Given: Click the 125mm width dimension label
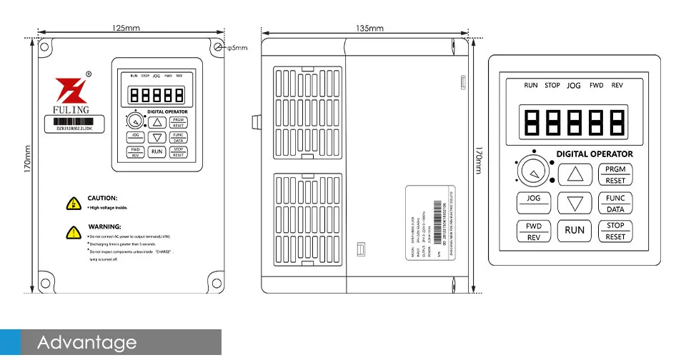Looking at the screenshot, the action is coord(126,28).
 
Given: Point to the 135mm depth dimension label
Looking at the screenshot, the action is coord(369,28).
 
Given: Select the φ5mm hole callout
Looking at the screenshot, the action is coord(237,48).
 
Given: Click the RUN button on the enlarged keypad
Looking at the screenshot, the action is coord(575,230).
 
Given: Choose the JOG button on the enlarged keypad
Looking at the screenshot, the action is coord(533,203).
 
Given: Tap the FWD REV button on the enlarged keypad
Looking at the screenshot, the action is coord(533,231).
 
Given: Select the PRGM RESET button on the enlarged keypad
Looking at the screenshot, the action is coord(615,174).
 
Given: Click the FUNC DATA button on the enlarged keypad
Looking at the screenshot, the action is coord(615,204).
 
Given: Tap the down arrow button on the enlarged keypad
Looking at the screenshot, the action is coord(575,204).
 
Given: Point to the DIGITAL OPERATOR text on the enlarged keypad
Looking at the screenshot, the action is coord(594,154).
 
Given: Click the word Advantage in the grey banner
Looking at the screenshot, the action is coord(86,343).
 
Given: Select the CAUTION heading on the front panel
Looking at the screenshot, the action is coord(102,198).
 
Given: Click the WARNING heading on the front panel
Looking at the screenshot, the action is coord(104,226).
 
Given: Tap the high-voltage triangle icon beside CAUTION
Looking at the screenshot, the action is coord(72,204).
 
